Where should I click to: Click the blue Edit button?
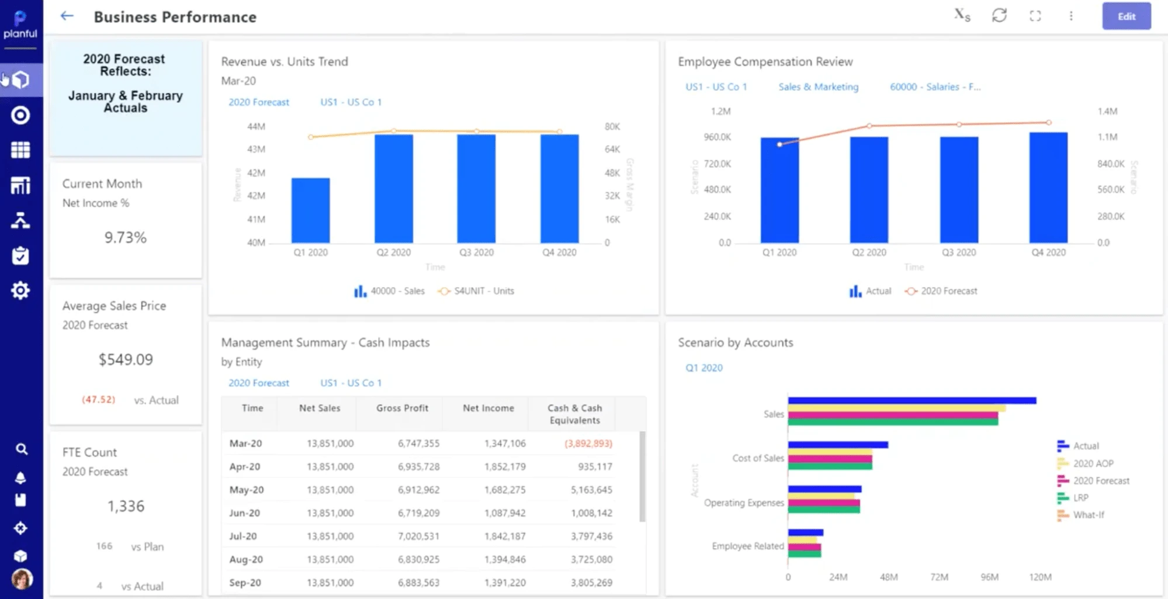1126,16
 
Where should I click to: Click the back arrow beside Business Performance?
67,16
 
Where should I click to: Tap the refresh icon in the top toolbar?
999,16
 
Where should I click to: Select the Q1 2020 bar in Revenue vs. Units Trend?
310,210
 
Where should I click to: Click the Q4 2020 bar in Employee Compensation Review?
1048,188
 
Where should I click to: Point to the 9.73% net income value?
125,237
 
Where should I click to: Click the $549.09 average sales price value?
126,359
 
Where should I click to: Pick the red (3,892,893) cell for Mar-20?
588,444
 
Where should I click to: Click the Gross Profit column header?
402,408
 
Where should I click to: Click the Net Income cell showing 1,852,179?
505,467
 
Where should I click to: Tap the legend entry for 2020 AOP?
1092,463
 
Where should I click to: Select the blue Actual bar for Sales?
911,401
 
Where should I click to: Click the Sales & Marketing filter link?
818,86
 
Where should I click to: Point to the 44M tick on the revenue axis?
256,126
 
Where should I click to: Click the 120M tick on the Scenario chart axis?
1040,577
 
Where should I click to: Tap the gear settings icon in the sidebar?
20,290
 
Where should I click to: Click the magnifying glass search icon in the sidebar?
21,449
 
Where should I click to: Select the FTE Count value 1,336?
126,506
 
